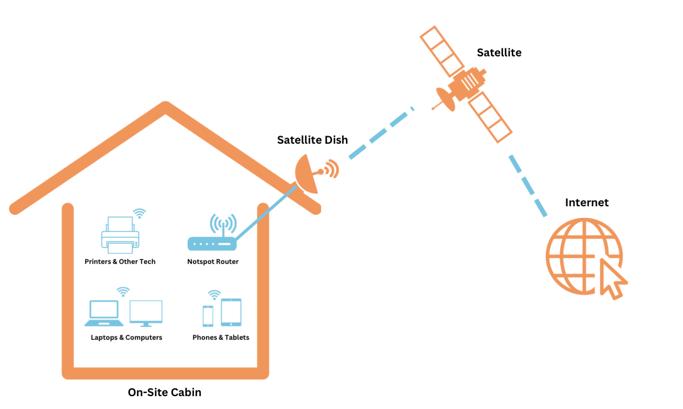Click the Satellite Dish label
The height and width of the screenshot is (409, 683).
click(x=312, y=140)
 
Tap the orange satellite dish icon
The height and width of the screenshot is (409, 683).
click(x=308, y=174)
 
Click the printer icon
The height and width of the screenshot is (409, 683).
click(x=120, y=235)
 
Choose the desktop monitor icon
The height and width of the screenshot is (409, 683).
click(x=146, y=313)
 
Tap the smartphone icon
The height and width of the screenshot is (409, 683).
click(x=208, y=316)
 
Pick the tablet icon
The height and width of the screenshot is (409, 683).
click(x=231, y=312)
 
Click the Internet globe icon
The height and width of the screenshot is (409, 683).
click(x=578, y=256)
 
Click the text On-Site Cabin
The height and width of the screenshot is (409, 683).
click(x=165, y=393)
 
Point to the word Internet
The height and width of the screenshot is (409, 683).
click(x=587, y=203)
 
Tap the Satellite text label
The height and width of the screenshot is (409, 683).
click(x=499, y=52)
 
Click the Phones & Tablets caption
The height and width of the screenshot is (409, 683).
click(x=221, y=337)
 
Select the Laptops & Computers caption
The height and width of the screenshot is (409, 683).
click(x=126, y=337)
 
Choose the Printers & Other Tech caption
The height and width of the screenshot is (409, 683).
click(x=120, y=262)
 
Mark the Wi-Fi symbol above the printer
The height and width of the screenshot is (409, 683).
click(x=140, y=213)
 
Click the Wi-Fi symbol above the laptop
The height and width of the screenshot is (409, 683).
click(x=123, y=292)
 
